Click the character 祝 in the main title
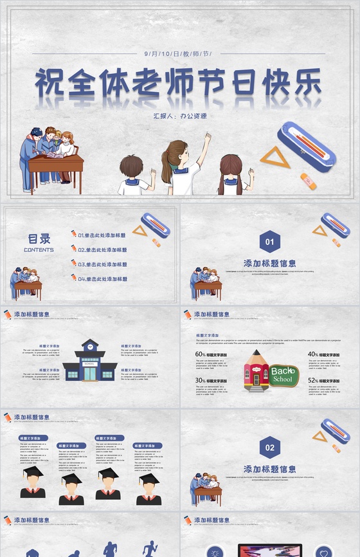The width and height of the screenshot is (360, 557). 50,84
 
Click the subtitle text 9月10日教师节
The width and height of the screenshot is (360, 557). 179,53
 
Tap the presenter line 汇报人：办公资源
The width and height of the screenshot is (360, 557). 179,116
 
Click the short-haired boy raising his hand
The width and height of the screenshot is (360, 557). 133,174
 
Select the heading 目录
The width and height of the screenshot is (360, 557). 39,239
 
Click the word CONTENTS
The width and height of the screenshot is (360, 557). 39,250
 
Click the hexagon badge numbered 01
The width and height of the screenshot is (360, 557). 270,242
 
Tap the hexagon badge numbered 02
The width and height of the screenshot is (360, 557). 270,448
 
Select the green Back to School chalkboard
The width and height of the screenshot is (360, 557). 283,374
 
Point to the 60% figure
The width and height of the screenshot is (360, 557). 201,354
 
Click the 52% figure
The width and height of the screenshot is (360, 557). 312,381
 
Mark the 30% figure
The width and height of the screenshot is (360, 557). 201,381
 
